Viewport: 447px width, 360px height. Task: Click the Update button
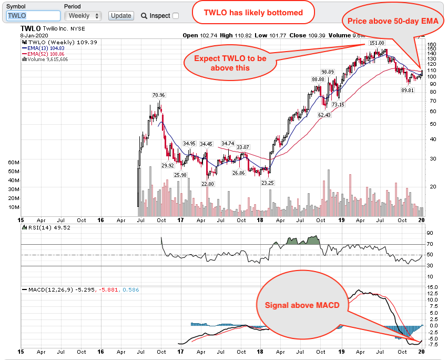pyautogui.click(x=121, y=16)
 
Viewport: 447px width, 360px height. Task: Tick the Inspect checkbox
pyautogui.click(x=176, y=16)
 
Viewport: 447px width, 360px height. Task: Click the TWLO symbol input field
pyautogui.click(x=33, y=16)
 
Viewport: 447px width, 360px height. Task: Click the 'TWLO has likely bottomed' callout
pyautogui.click(x=253, y=12)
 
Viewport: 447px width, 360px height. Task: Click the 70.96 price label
pyautogui.click(x=158, y=95)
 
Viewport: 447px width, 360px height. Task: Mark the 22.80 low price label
pyautogui.click(x=208, y=184)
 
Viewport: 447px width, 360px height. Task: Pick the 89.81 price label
pyautogui.click(x=408, y=90)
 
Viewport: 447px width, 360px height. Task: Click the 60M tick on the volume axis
pyautogui.click(x=14, y=163)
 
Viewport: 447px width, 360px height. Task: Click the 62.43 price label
pyautogui.click(x=324, y=115)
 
